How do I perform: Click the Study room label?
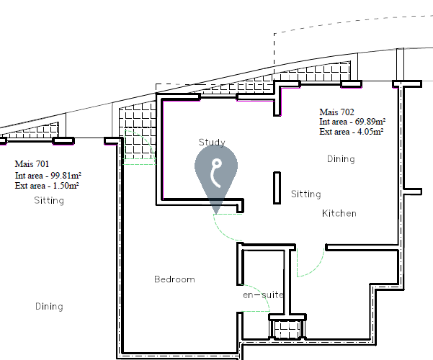tap(212, 142)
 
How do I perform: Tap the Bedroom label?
tap(174, 279)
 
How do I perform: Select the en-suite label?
tap(263, 295)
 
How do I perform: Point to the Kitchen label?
tap(339, 213)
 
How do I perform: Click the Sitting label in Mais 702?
tap(306, 194)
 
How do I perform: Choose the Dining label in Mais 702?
tap(341, 159)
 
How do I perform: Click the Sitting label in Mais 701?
tap(49, 200)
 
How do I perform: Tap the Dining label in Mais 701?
tap(49, 307)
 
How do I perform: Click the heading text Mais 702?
tap(336, 112)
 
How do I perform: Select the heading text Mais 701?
tap(32, 164)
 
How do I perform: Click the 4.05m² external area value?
tap(370, 132)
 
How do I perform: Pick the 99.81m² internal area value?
tap(66, 175)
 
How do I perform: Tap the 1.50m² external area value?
tap(66, 185)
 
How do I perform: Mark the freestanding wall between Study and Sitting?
tap(277, 188)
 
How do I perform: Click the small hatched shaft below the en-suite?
tap(287, 329)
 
